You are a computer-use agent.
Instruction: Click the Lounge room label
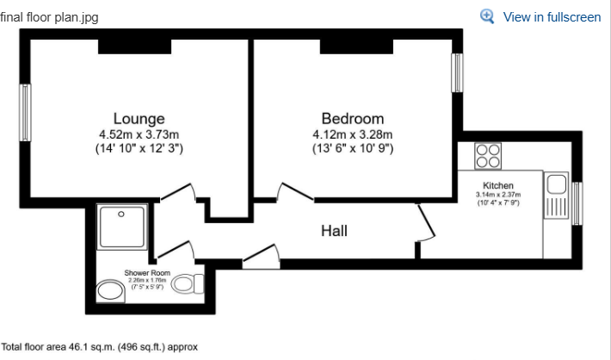(139, 118)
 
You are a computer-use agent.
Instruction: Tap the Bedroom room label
(352, 118)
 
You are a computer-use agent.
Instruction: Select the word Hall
(335, 231)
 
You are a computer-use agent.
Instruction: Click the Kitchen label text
(498, 185)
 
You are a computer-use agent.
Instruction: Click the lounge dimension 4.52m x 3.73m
(139, 133)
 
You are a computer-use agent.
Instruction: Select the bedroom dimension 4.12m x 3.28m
(352, 133)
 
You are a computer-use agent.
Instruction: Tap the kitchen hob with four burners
(489, 157)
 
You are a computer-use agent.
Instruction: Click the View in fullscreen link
(552, 16)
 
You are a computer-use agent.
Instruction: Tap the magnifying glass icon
(488, 16)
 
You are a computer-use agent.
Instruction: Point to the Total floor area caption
(100, 347)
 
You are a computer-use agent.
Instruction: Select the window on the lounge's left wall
(26, 113)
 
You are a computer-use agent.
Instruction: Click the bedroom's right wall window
(457, 72)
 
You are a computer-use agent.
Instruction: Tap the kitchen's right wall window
(577, 202)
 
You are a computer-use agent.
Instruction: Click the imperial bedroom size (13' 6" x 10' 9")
(352, 148)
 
